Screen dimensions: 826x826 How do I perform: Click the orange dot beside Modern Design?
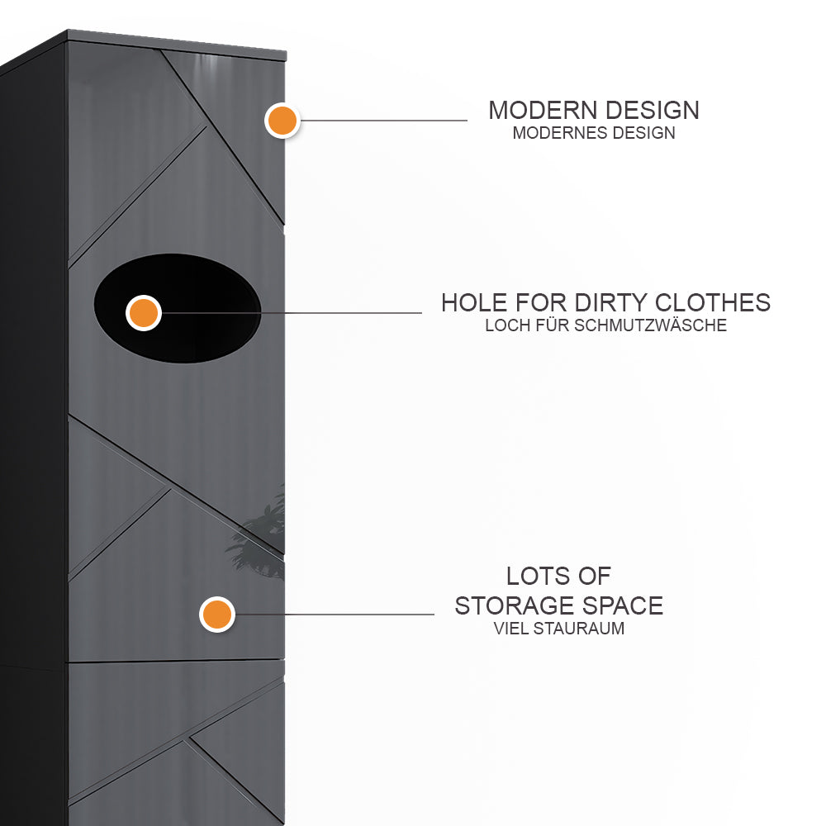282,121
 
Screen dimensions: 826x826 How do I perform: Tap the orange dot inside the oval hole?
143,313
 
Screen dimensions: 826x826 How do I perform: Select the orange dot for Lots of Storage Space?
216,615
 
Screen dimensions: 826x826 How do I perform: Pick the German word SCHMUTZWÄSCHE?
650,325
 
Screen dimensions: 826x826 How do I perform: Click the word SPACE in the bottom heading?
626,605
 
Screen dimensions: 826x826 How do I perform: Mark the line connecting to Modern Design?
384,121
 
